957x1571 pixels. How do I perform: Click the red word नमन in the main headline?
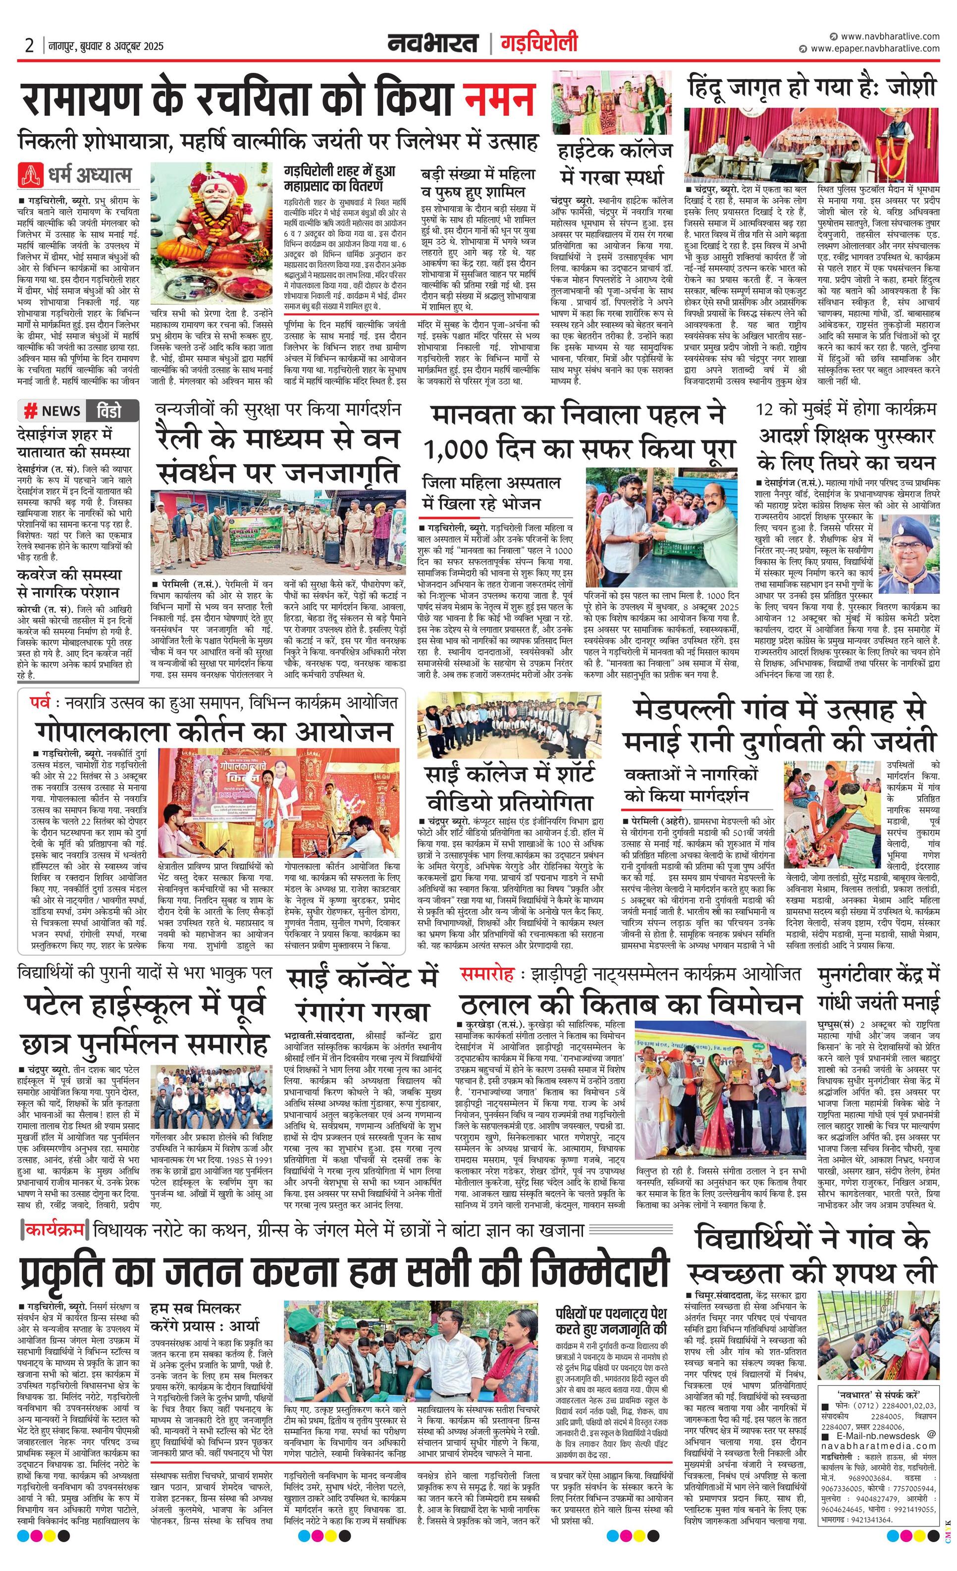point(499,99)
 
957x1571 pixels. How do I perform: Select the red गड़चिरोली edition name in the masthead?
point(539,44)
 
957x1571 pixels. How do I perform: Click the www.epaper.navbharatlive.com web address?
point(874,48)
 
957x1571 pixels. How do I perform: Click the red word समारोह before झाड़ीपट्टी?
point(487,974)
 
